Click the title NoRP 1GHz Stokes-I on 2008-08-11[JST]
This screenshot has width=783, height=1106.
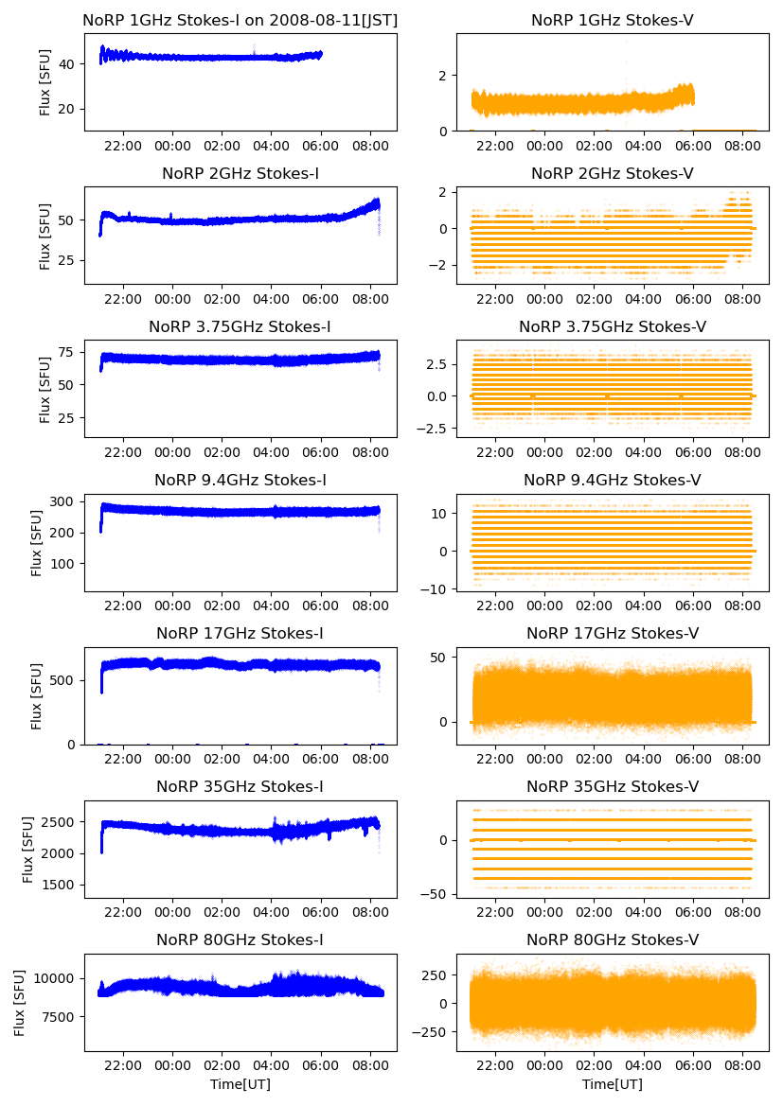(240, 20)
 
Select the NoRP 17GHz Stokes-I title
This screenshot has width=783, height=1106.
(240, 633)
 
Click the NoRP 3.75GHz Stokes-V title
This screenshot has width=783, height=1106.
(613, 326)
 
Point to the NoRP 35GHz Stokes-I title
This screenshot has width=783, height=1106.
(240, 786)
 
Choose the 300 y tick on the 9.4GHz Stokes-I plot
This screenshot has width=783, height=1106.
(66, 501)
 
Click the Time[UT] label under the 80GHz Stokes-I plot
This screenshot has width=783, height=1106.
(240, 1084)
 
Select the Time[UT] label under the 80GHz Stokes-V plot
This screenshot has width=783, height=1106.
(613, 1084)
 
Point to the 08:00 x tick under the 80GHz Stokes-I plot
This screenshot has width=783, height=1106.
(370, 1064)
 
